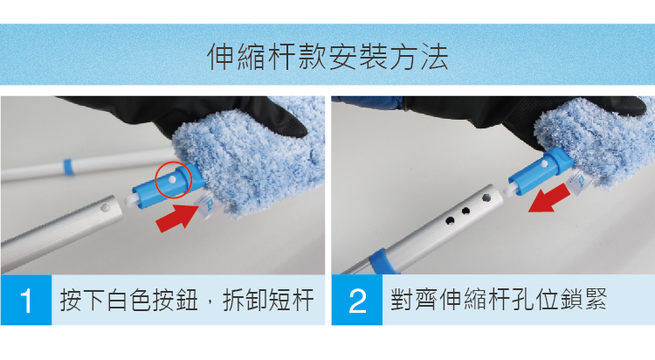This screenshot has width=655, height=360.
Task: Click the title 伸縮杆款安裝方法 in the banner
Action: pos(327,57)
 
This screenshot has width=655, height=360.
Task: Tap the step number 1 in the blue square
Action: pos(26,301)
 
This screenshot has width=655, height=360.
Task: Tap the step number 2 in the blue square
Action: pos(357,301)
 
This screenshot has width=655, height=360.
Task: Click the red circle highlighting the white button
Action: pos(173,180)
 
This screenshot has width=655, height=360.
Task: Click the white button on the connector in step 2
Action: pos(544,165)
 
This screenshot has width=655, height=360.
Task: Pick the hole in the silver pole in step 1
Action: pos(106,207)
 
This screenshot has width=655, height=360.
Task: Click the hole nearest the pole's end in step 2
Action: pos(486,197)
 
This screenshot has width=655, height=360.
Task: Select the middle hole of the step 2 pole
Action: pos(465,211)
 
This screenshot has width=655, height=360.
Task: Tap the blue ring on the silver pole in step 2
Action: pos(383,262)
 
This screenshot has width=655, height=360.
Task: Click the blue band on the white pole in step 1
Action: pos(68,167)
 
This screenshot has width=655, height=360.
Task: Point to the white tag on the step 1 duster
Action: pos(207,206)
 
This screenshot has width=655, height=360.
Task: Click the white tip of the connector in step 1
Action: pos(131,199)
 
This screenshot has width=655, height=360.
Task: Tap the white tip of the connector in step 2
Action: pos(511,190)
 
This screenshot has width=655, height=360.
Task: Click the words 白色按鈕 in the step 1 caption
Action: pos(152,301)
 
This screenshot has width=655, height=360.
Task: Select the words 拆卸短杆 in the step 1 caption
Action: pos(268,301)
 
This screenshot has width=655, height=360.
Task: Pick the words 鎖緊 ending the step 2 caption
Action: pos(583,300)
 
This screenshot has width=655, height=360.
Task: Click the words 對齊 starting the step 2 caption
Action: pos(414,300)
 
